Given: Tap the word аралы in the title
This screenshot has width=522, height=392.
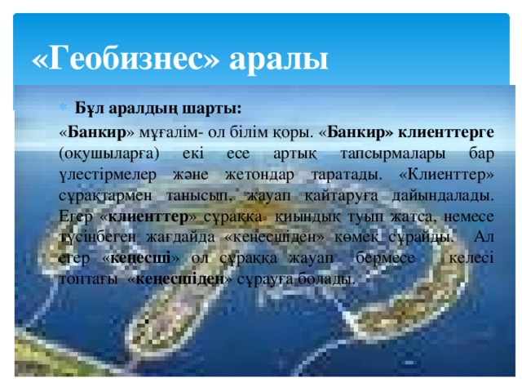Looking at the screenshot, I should coord(279,59).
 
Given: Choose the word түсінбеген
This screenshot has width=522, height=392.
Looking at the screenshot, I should coord(95,238).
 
